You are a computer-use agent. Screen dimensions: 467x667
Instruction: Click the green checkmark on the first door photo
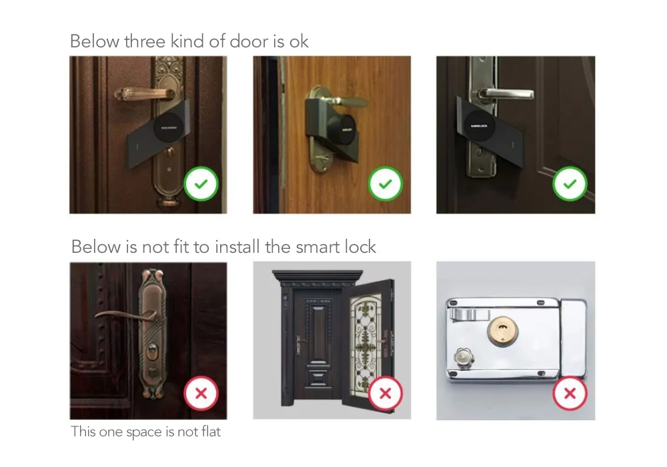[201, 184]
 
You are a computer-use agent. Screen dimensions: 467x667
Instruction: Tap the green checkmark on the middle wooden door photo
[385, 184]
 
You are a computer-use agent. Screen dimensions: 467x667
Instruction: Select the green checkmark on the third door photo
[570, 184]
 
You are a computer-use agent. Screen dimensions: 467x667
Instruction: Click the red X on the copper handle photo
[201, 393]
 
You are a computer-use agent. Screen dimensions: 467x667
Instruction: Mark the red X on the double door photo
[385, 393]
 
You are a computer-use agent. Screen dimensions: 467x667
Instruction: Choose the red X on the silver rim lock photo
[570, 393]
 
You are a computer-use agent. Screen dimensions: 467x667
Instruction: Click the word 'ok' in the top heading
[299, 41]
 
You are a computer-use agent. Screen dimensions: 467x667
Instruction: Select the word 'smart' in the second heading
[317, 247]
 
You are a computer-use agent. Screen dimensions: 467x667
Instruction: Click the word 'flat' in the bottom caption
[209, 432]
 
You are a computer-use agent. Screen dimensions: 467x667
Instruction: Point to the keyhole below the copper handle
[153, 352]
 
